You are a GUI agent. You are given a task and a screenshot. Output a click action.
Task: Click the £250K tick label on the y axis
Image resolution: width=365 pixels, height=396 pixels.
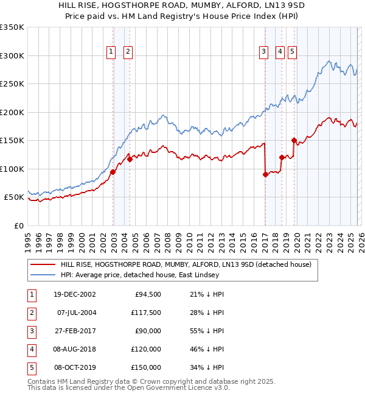[x=12, y=84]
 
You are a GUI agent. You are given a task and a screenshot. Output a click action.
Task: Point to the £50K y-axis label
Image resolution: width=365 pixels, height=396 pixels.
[x=14, y=197]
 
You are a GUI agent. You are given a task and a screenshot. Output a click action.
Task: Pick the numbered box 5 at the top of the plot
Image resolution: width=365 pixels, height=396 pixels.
[x=293, y=52]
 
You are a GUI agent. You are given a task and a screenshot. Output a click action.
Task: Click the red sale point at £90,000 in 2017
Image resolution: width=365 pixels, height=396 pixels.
[x=265, y=175]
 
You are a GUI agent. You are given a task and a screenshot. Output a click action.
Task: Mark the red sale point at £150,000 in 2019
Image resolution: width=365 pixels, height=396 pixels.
[x=293, y=141]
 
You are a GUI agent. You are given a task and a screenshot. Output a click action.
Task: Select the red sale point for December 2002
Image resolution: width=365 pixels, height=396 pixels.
[x=113, y=172]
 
